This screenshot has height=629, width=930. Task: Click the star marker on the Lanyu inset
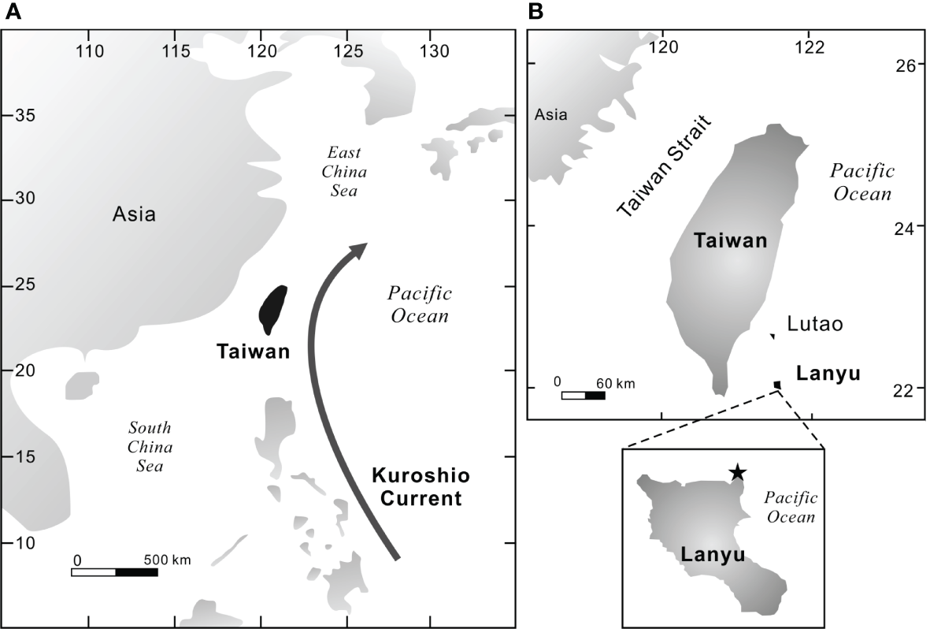(737, 472)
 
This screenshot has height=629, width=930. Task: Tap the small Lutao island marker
(773, 337)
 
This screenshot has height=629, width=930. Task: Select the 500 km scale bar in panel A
(114, 571)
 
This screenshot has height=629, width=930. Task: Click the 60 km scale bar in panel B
(583, 395)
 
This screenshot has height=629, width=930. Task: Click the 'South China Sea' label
(150, 446)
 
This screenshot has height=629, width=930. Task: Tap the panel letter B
(536, 11)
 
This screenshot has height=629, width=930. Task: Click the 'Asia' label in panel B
(550, 115)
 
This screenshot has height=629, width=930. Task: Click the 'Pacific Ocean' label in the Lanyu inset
(791, 507)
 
